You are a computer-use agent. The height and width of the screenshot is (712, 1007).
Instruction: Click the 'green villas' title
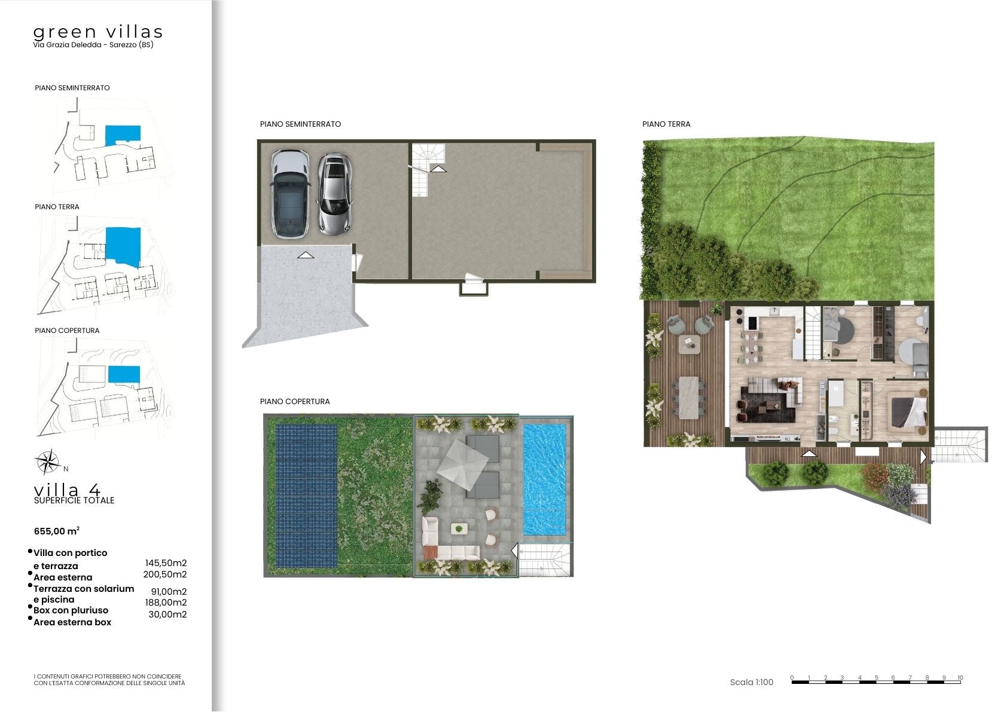97,32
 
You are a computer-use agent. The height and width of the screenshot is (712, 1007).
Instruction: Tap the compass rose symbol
47,462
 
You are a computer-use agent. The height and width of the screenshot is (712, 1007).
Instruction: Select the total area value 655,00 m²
57,531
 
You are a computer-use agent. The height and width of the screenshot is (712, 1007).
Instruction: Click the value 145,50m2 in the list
166,563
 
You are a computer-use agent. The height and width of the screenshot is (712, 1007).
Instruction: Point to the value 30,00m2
167,614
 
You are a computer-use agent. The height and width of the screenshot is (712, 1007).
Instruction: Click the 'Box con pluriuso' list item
71,610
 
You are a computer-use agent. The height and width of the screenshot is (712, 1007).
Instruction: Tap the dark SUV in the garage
290,194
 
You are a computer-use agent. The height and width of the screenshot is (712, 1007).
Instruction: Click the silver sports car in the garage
335,194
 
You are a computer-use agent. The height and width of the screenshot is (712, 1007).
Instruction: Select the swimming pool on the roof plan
544,479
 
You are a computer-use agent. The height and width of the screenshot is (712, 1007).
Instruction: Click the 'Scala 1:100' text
752,682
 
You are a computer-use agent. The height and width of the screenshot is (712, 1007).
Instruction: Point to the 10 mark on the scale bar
960,677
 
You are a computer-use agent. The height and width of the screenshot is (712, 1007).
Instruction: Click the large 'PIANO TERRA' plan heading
666,124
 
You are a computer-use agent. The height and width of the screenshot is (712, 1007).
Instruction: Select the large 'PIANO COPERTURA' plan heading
295,401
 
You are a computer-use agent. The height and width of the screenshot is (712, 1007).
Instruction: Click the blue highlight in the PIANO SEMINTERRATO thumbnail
123,135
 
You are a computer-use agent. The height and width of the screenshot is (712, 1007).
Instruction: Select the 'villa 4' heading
67,490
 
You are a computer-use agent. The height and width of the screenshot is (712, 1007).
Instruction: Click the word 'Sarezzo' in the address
123,45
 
